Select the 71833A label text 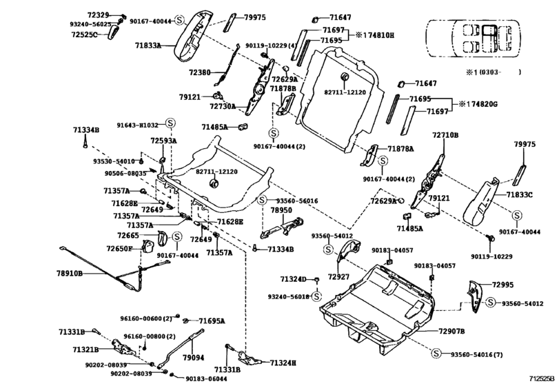[148, 45]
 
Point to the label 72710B [445, 135]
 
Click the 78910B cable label [69, 274]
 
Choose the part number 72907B [451, 332]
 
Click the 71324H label [283, 363]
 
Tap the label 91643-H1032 [138, 125]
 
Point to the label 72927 [339, 276]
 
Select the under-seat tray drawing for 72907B [379, 303]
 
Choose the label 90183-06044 [207, 379]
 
